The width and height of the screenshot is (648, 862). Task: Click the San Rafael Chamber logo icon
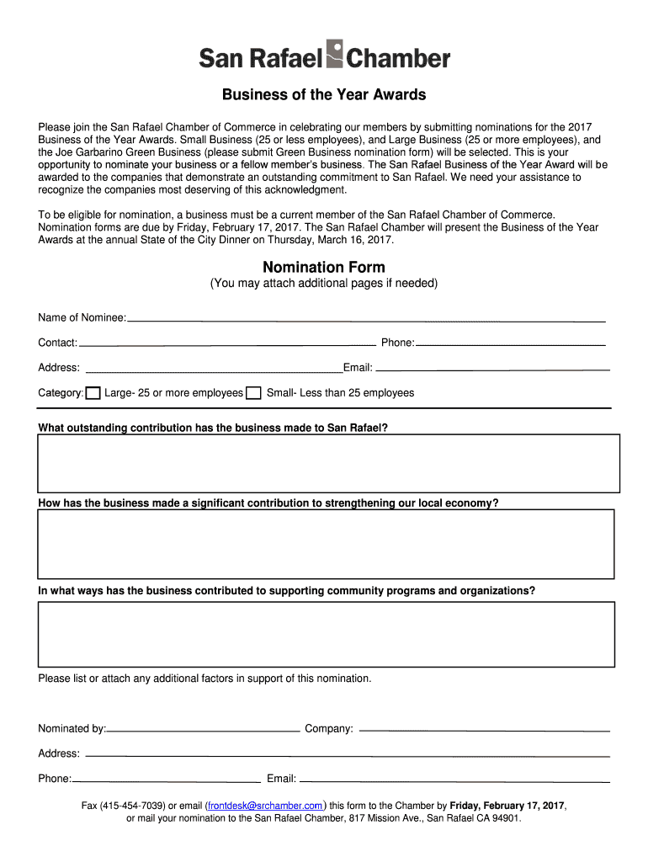coord(335,54)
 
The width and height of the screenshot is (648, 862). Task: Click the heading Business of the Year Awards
coord(324,94)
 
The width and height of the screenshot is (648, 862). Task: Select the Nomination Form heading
coord(324,267)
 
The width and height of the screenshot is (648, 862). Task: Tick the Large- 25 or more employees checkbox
coord(93,393)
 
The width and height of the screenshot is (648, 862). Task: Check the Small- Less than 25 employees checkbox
coord(253,393)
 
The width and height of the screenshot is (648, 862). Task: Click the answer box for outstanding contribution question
coord(329,463)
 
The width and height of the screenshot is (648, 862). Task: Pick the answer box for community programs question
coord(326,634)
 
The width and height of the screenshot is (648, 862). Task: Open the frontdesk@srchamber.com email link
coord(265,806)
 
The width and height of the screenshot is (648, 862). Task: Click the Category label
coord(61,393)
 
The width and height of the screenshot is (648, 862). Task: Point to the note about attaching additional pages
coord(324,284)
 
